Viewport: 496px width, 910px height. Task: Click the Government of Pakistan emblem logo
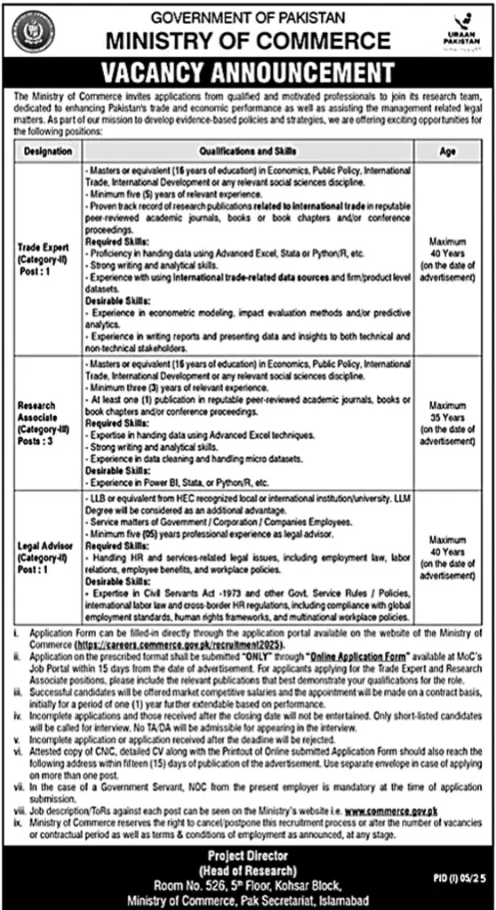click(x=32, y=32)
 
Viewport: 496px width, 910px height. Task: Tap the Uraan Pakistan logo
click(x=462, y=33)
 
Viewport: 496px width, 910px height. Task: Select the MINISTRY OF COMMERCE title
click(x=248, y=40)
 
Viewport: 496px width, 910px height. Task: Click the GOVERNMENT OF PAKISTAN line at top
click(x=248, y=16)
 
